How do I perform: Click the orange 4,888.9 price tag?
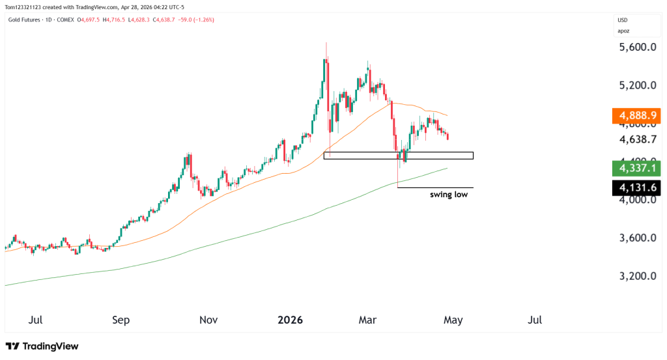pos(638,117)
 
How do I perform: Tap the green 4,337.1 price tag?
pos(638,169)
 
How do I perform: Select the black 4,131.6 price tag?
pos(638,188)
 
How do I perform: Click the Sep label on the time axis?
pos(121,320)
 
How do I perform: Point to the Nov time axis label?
pos(208,320)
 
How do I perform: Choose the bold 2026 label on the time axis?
pos(291,320)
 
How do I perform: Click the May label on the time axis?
pos(453,320)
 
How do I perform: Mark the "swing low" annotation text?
pos(448,195)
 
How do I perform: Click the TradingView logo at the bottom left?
pos(42,346)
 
